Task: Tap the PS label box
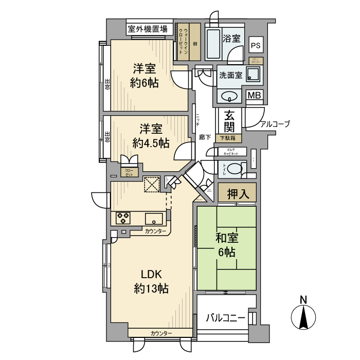pyautogui.click(x=256, y=45)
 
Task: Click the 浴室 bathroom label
pyautogui.click(x=231, y=38)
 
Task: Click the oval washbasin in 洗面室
pyautogui.click(x=228, y=96)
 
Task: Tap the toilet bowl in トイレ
pyautogui.click(x=234, y=169)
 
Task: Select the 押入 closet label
pyautogui.click(x=237, y=194)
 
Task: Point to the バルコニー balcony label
pyautogui.click(x=226, y=317)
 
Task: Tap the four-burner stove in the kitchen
pyautogui.click(x=123, y=218)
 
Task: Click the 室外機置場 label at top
pyautogui.click(x=148, y=29)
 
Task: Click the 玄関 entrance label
pyautogui.click(x=230, y=121)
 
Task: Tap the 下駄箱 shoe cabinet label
pyautogui.click(x=228, y=138)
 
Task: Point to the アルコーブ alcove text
pyautogui.click(x=275, y=124)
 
